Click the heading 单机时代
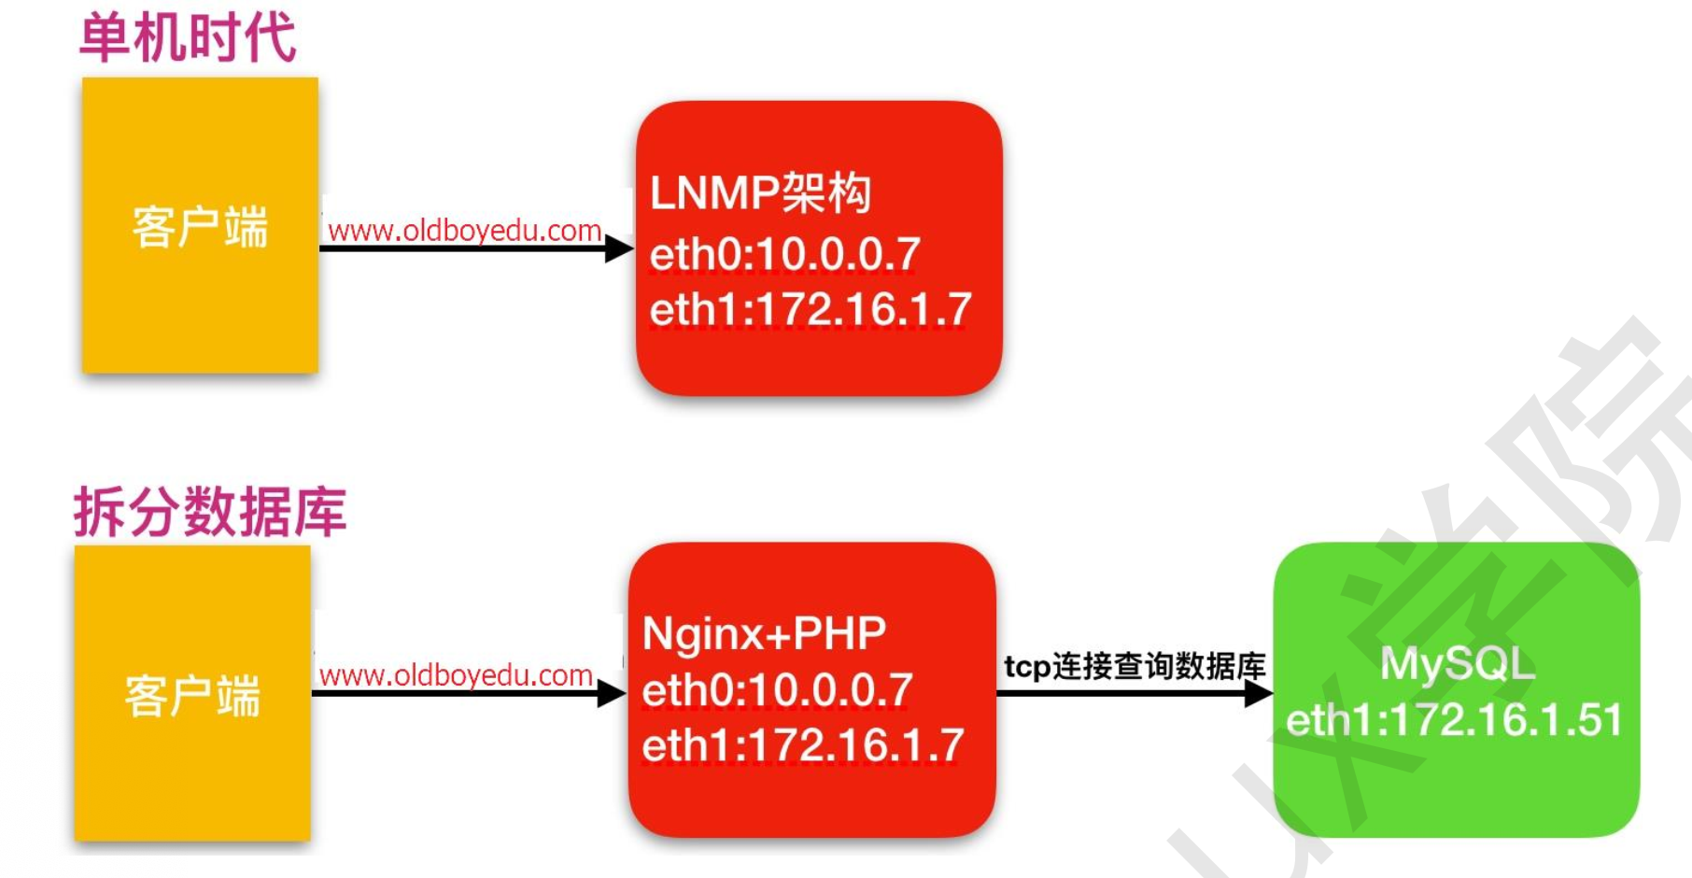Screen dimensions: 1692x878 [188, 38]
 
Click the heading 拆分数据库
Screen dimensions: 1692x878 [210, 511]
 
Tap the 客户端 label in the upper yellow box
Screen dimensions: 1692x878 [200, 227]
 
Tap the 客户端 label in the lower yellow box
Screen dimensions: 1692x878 [192, 696]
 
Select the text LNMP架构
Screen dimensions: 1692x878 [760, 193]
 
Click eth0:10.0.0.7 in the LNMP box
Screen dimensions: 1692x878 [785, 254]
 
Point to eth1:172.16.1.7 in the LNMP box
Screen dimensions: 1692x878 [811, 309]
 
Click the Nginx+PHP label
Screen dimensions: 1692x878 [764, 633]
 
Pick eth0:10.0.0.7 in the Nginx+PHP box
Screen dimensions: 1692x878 [778, 691]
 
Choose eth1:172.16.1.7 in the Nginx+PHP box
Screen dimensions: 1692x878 [803, 745]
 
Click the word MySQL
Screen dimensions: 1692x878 [1458, 664]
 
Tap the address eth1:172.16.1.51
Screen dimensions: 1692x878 [1455, 720]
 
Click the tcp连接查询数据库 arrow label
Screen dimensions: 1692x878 [1135, 666]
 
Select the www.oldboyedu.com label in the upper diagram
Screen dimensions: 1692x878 [464, 230]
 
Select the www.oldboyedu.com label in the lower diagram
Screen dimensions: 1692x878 [456, 674]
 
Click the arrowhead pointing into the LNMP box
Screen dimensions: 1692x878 [619, 248]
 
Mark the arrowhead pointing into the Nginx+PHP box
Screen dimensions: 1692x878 [612, 693]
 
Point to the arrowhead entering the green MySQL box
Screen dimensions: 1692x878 [1259, 693]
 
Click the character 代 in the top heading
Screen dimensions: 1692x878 [270, 38]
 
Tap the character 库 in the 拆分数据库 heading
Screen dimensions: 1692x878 [320, 511]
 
